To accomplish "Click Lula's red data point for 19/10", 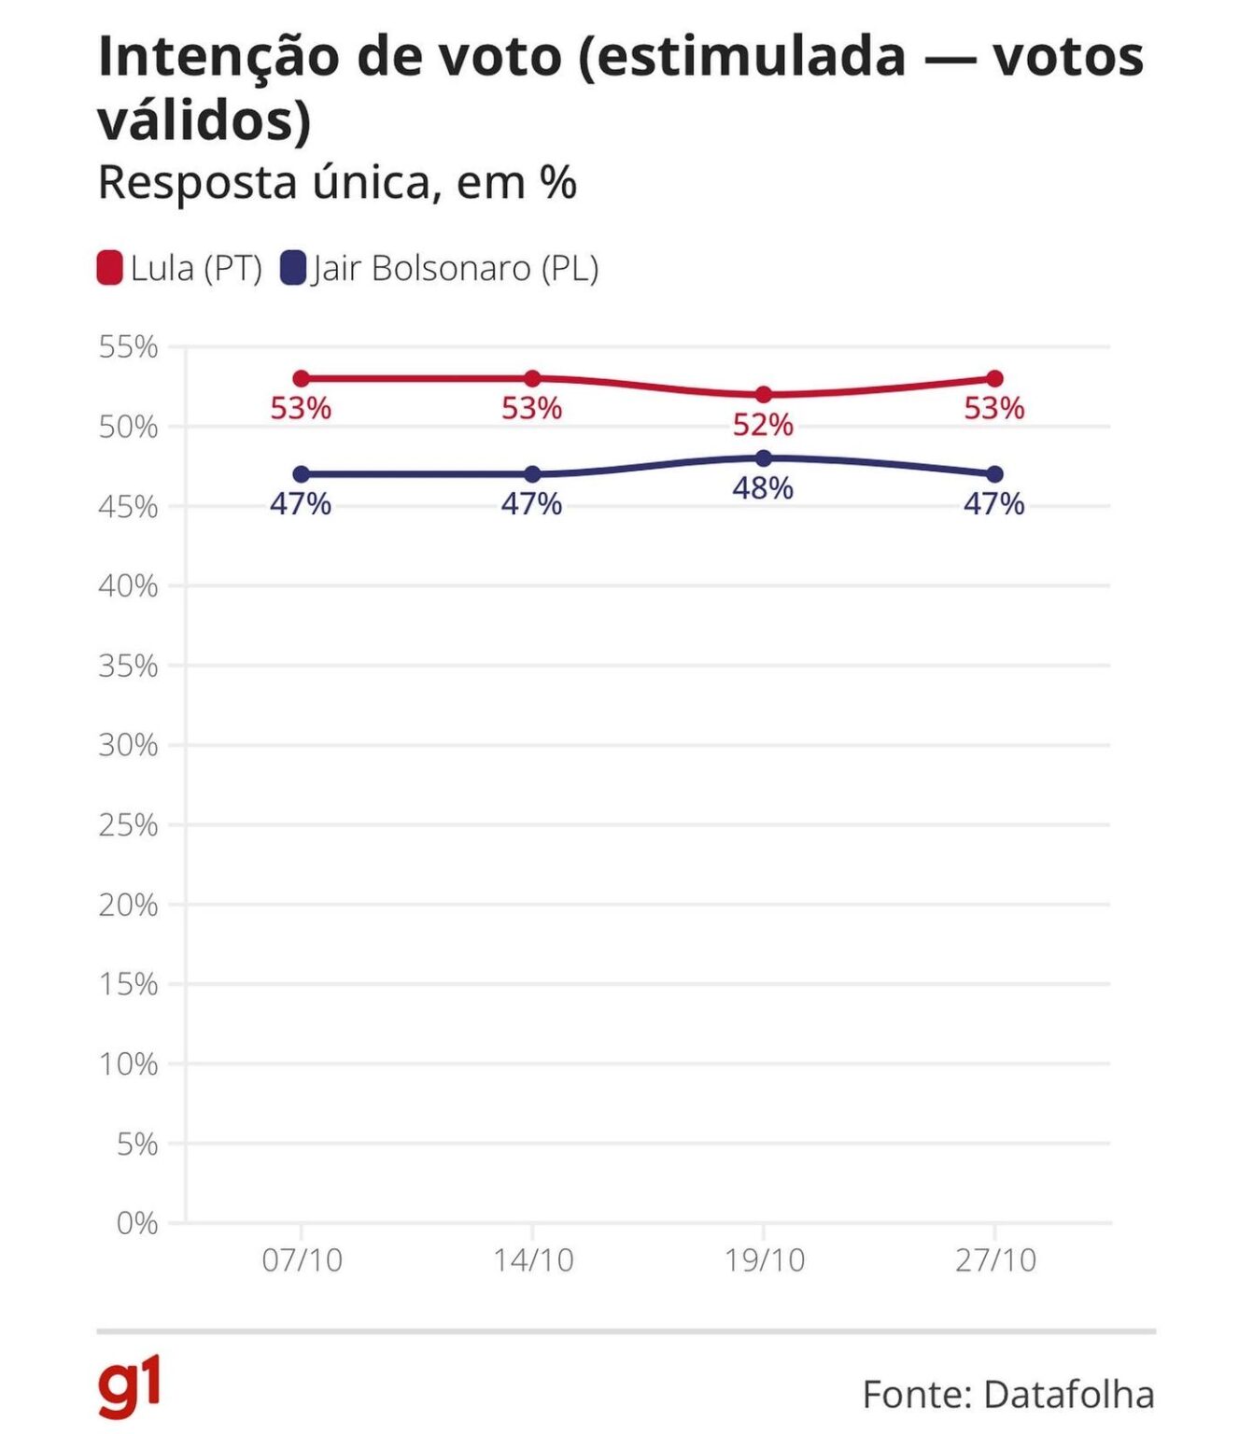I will pos(763,395).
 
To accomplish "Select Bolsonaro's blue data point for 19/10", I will pos(763,458).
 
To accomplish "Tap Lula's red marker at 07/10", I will pos(301,379).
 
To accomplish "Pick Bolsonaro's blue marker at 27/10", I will pos(994,474).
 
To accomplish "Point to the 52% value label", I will pos(763,426).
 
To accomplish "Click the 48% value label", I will pos(763,488).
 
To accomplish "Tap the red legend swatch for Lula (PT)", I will pos(110,268).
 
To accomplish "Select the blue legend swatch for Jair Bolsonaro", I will pos(293,268).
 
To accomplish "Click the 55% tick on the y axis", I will pos(129,347).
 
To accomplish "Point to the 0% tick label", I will pos(137,1223).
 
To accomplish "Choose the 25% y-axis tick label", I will pos(129,825).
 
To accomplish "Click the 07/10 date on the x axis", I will pos(302,1260).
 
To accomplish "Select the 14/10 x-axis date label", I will pos(533,1260).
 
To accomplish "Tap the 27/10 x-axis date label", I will pos(995,1260).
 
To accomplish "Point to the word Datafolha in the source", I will pos(1069,1395).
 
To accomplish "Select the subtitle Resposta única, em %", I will pos(337,183).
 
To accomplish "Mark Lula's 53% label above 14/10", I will pos(531,409).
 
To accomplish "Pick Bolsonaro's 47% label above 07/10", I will pos(301,504).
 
